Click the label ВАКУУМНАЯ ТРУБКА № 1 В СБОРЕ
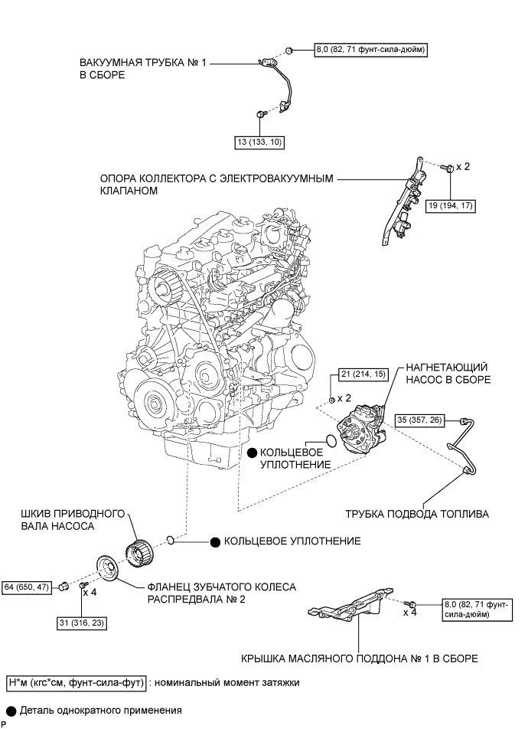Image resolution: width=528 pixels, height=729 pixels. tap(142, 68)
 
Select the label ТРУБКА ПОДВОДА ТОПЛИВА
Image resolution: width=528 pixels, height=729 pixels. tap(417, 514)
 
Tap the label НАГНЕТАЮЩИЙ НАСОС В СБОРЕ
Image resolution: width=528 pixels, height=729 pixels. tap(448, 374)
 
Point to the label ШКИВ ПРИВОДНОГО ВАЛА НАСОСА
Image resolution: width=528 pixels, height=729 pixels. tap(73, 520)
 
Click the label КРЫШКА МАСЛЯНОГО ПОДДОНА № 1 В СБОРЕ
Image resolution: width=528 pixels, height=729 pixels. tap(360, 659)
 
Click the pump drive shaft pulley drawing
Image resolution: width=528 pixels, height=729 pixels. tap(140, 552)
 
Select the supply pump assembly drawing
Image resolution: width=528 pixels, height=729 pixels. tap(363, 429)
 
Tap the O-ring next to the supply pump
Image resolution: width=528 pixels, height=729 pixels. tap(331, 440)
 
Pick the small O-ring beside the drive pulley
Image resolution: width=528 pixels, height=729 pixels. tap(171, 540)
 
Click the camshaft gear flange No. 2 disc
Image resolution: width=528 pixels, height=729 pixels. tap(108, 568)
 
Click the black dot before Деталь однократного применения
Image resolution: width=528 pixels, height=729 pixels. tap(11, 711)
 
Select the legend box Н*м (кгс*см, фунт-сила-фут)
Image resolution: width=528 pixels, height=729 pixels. tap(77, 682)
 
